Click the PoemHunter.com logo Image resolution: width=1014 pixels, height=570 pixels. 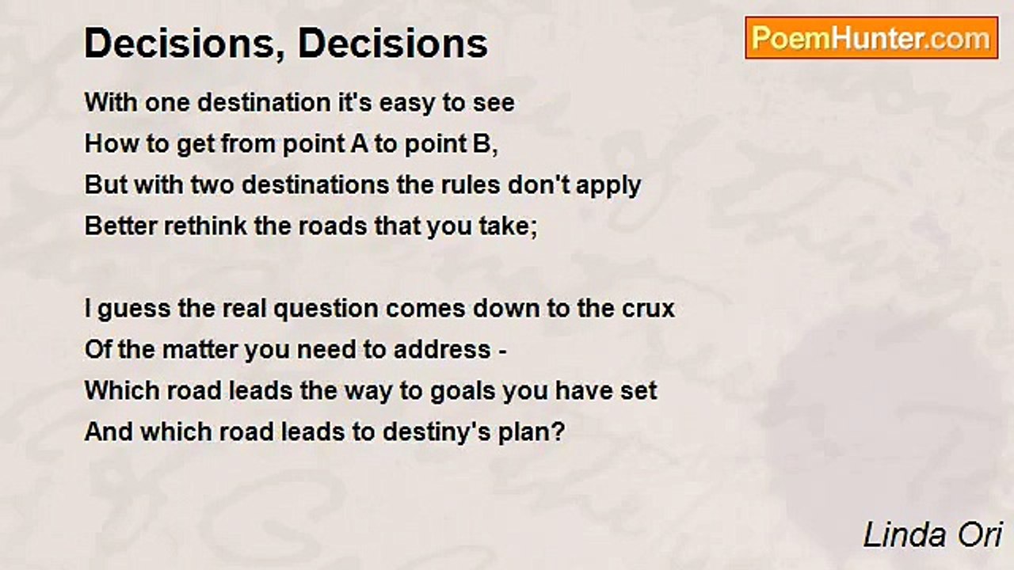point(871,38)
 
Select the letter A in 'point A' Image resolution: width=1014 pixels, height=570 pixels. point(359,143)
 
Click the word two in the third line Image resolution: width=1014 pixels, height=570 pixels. point(212,184)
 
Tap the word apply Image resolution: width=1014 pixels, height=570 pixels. point(608,186)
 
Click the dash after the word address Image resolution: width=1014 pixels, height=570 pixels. point(502,351)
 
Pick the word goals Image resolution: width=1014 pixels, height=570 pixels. point(463,392)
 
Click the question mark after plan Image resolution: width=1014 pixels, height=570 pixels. point(558,431)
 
